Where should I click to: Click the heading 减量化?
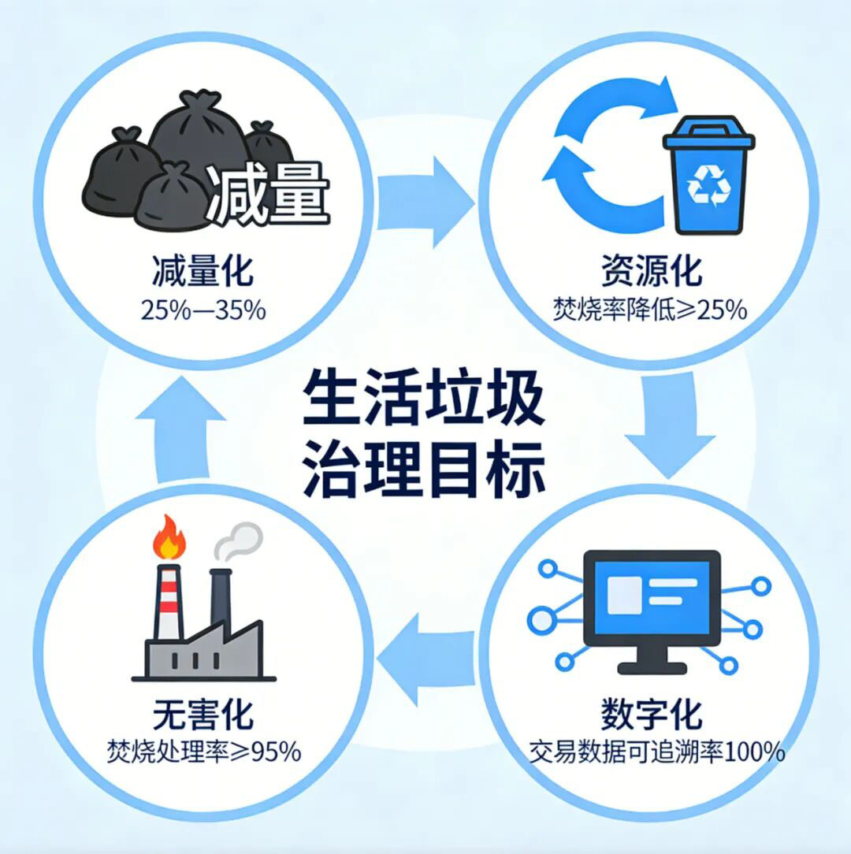(x=203, y=272)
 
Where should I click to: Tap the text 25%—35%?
(x=203, y=310)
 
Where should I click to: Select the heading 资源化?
(x=650, y=272)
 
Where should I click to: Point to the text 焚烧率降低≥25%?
(x=649, y=310)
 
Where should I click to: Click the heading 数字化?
(x=651, y=715)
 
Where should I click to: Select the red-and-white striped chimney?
(x=168, y=602)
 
